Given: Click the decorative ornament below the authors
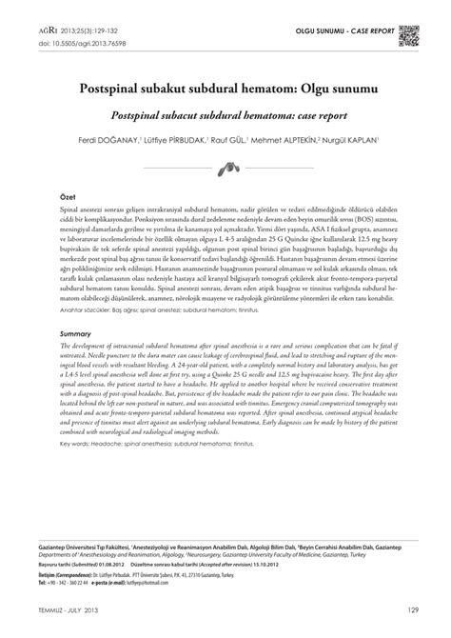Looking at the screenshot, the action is pyautogui.click(x=225, y=169).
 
